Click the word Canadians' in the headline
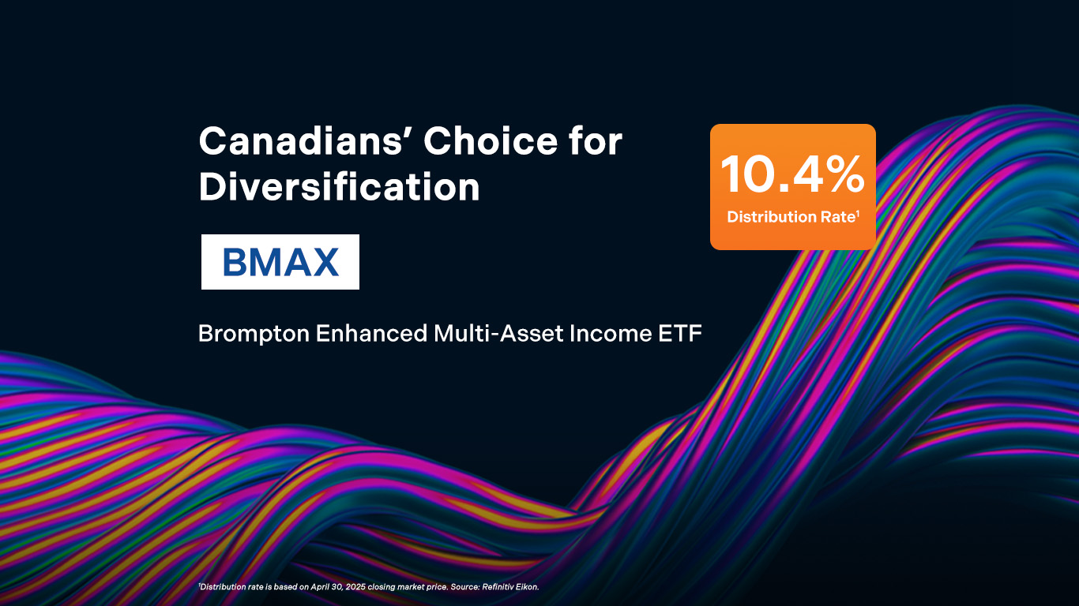tap(301, 141)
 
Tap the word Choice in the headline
tap(491, 141)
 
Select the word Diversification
tap(339, 186)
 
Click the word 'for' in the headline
tap(596, 141)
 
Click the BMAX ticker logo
tap(280, 262)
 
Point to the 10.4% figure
tap(793, 174)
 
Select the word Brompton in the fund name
tap(254, 334)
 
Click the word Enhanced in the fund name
tap(371, 333)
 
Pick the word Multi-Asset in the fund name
tap(498, 333)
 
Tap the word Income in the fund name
tap(611, 333)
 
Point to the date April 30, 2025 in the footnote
tap(338, 587)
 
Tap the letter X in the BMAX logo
tap(325, 262)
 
